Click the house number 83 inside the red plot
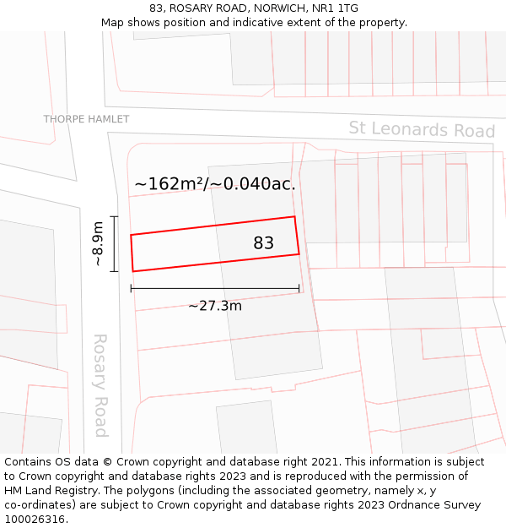tap(263, 243)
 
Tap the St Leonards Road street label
tap(422, 130)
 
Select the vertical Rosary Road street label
tap(100, 385)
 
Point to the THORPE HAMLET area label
tap(86, 119)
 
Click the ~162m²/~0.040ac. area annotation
tap(215, 183)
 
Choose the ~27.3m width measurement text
tap(214, 306)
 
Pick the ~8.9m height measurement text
tap(99, 243)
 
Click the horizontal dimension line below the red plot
tap(215, 289)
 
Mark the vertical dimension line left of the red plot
tap(114, 243)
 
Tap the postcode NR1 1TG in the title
tap(336, 8)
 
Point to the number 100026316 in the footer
tap(35, 520)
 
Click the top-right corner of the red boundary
tap(294, 217)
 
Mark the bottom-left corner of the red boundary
tap(133, 271)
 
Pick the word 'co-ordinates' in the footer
tap(40, 505)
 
